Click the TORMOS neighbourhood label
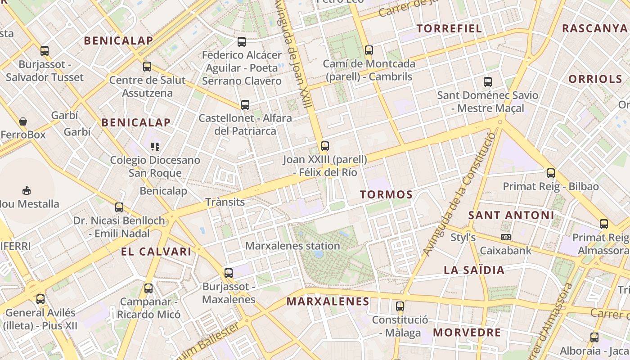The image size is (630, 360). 386,194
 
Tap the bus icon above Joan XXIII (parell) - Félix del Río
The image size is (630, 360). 325,146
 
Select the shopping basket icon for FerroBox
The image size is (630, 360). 23,121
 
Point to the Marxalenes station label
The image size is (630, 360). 292,246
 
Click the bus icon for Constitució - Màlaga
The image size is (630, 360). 400,307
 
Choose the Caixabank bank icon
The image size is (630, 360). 506,237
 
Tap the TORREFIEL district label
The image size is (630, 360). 449,29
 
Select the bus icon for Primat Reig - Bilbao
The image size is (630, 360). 551,173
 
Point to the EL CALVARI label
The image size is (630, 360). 156,252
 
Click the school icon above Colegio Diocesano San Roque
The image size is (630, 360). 155,146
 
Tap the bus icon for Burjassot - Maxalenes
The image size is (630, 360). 229,273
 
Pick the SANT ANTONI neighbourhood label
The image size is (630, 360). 511,215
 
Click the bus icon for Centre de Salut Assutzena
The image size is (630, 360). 147,67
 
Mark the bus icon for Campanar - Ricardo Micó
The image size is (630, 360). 148,288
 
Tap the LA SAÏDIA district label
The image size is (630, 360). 474,270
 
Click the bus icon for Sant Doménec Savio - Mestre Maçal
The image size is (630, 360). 488,82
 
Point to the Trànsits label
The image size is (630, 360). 225,202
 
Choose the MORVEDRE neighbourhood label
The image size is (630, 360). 467,333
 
